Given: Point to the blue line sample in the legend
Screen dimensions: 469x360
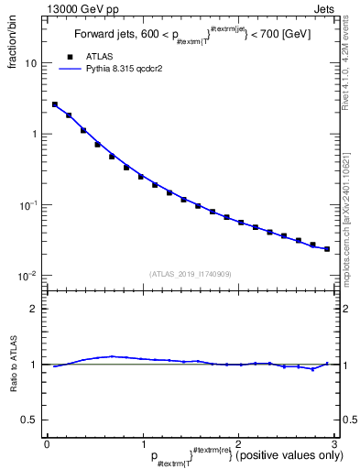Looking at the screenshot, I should click(69, 68).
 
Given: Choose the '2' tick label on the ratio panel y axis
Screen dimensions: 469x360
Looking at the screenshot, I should click(35, 309).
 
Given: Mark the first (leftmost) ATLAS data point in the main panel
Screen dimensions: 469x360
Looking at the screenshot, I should click(55, 104).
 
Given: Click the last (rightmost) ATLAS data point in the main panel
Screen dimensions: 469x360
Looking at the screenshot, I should click(326, 248).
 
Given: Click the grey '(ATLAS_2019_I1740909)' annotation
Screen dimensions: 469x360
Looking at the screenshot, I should click(191, 274).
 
